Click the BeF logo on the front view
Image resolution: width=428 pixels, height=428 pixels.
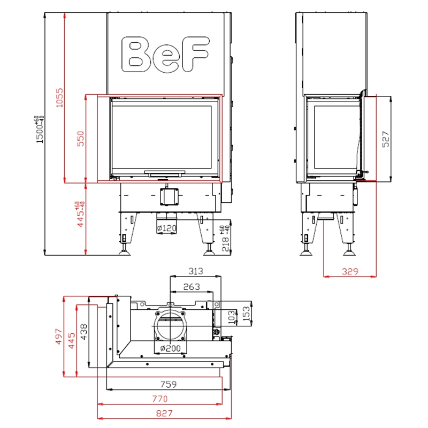coord(165,55)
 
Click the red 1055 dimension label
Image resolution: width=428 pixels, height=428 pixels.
coord(59,97)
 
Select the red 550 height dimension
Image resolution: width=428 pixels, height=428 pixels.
coord(81,139)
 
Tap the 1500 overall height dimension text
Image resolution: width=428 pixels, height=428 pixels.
coord(40,129)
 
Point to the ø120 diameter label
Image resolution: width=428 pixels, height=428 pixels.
coord(167,228)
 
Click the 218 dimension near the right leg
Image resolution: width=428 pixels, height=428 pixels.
coord(226,239)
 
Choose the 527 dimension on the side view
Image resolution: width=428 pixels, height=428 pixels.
coord(385,139)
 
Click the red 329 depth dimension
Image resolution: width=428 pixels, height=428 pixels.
coord(350,271)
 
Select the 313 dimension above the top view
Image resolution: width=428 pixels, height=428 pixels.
coord(196,271)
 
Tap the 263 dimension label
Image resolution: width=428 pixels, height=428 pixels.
coord(192,287)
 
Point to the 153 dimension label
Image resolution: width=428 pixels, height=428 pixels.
coord(246,314)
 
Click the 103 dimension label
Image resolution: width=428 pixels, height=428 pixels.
coord(231,317)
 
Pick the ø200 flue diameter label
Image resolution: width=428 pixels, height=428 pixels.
coord(170,348)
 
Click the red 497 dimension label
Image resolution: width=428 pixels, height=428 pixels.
coord(59,337)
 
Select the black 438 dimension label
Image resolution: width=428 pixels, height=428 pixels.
coord(84,332)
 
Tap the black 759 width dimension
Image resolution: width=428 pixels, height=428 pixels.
coord(169,384)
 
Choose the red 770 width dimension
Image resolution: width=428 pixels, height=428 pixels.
coord(159,399)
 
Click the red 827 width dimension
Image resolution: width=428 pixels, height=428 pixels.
coord(164,413)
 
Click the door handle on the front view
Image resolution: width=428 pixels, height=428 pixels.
coord(165,173)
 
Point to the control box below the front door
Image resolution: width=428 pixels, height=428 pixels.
coord(169,196)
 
